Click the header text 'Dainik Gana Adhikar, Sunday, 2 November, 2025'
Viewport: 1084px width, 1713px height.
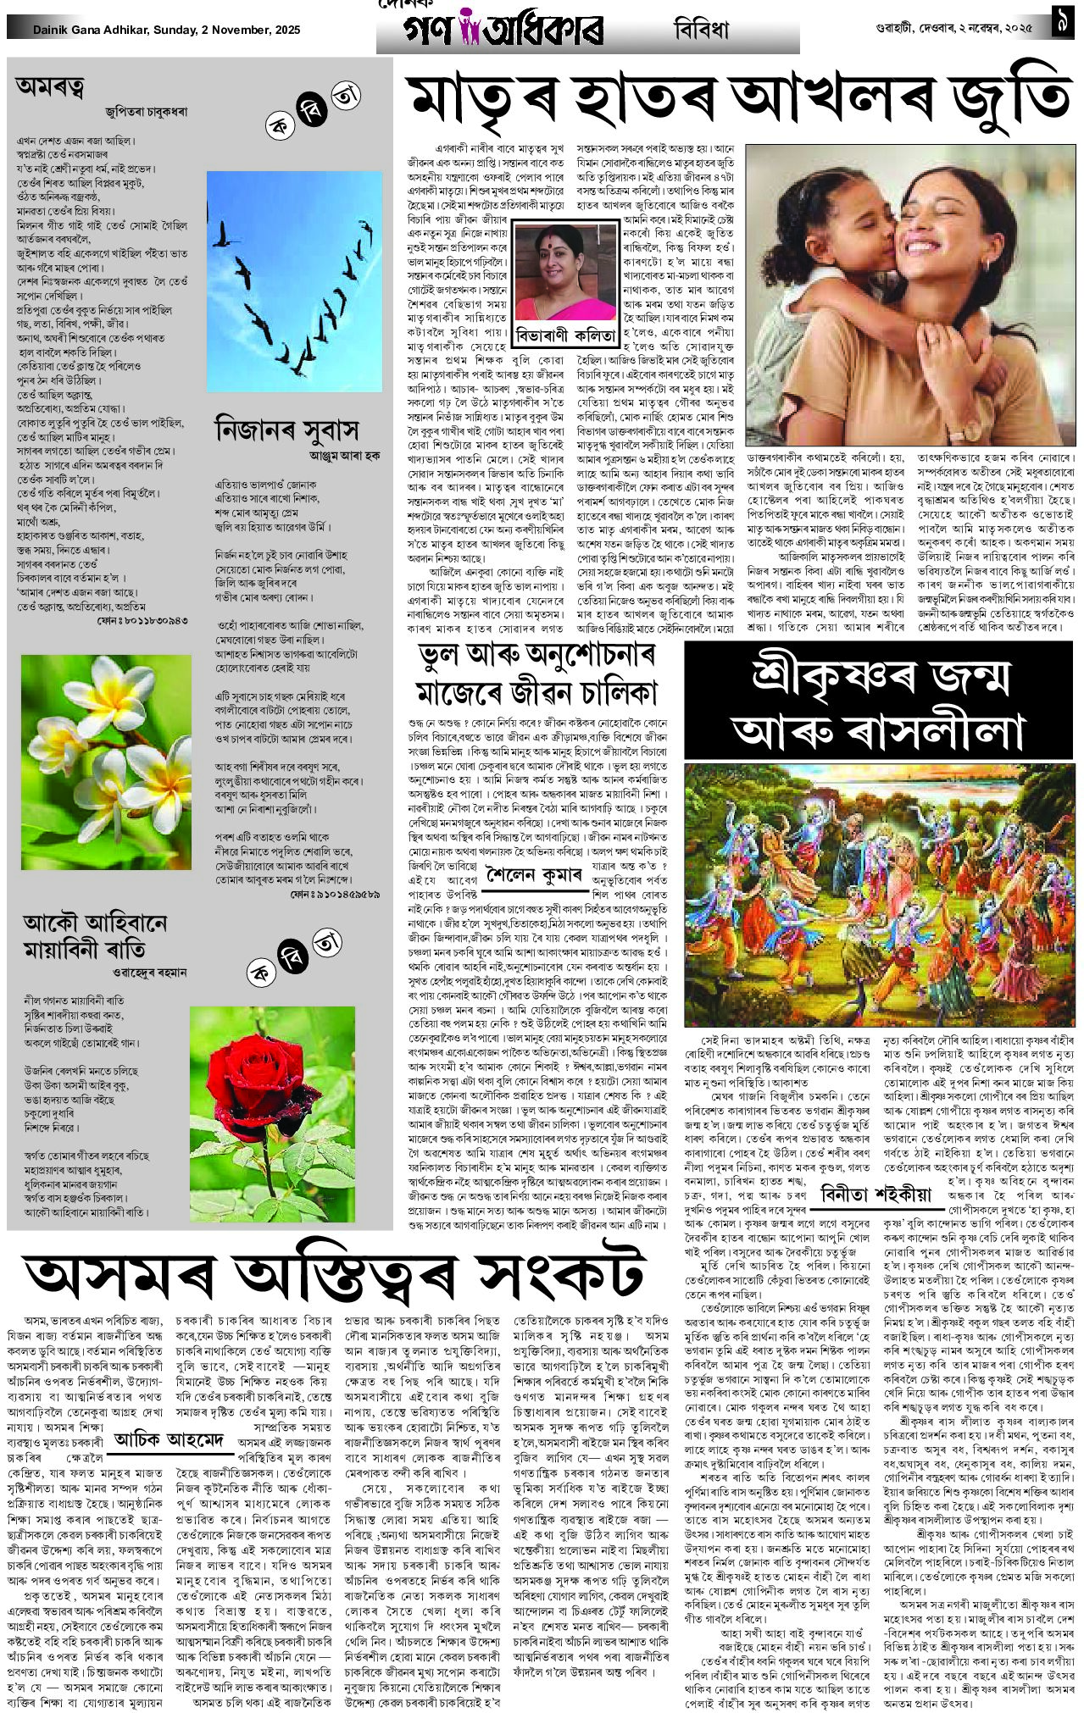point(167,30)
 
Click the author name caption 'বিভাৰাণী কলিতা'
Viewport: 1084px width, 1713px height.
point(565,335)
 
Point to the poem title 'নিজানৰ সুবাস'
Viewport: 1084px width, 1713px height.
point(286,430)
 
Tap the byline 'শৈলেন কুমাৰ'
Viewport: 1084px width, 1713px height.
point(534,873)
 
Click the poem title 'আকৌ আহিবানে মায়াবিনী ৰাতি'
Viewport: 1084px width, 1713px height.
point(95,934)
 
